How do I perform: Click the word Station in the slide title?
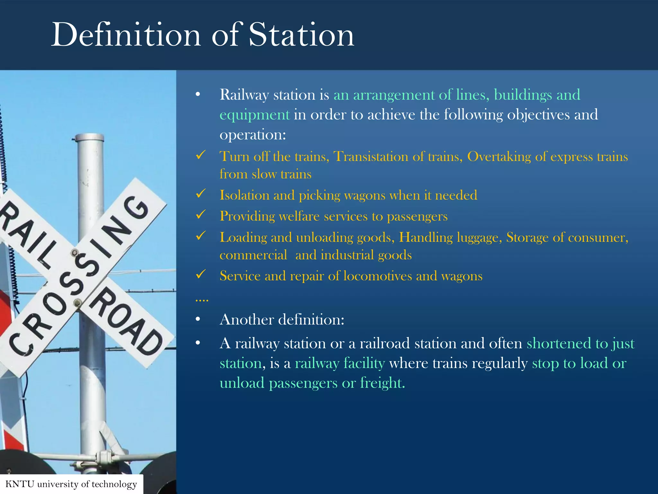tap(301, 35)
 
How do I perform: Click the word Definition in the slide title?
tap(126, 35)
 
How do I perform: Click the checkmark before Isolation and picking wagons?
tap(201, 194)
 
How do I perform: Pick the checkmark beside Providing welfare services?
tap(201, 215)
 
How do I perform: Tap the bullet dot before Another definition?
tap(198, 319)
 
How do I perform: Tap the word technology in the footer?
tap(114, 484)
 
